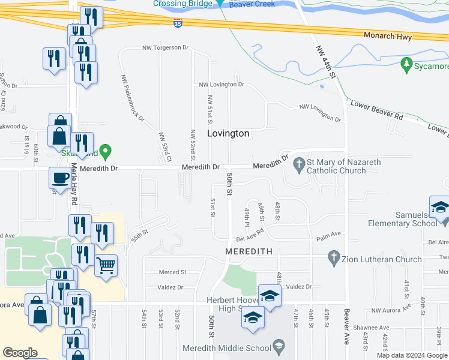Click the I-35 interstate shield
[x=178, y=23]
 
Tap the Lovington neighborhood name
[x=228, y=133]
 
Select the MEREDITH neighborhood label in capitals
[x=249, y=251]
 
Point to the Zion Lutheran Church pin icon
[x=334, y=259]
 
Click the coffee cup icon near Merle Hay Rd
[x=60, y=178]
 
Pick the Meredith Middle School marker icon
[x=279, y=346]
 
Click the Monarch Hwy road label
[x=388, y=37]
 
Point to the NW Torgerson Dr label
[x=165, y=47]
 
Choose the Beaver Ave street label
[x=346, y=325]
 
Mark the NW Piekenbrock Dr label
[x=133, y=98]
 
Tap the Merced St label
[x=172, y=272]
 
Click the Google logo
[x=20, y=353]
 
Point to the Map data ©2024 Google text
[x=411, y=355]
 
